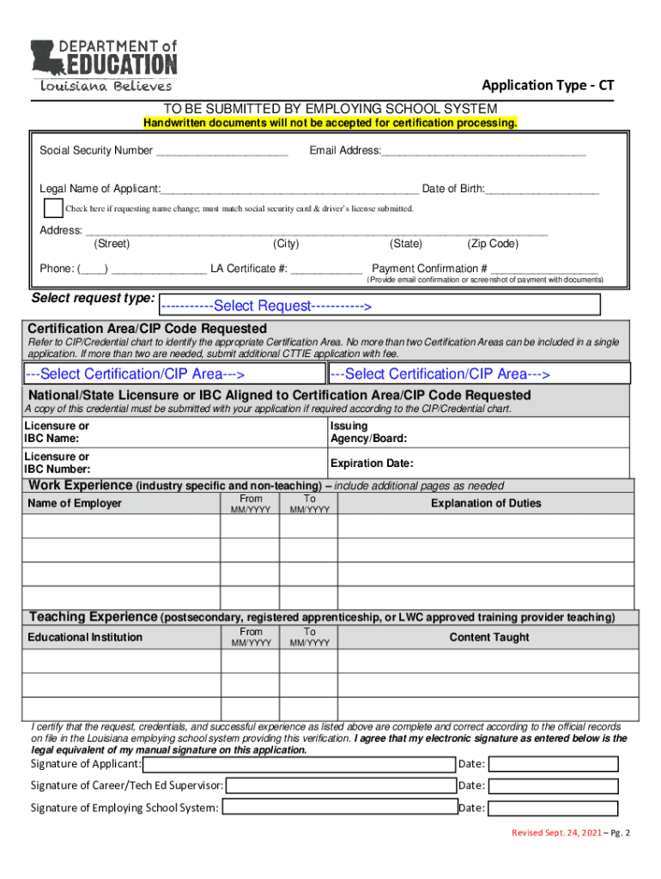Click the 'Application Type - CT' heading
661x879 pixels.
click(x=548, y=84)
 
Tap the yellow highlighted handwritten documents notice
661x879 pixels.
click(x=330, y=123)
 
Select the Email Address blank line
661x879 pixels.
click(x=484, y=153)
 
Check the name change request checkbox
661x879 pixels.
click(x=54, y=209)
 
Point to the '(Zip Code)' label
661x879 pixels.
click(x=493, y=244)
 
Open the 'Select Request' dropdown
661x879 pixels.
click(x=380, y=306)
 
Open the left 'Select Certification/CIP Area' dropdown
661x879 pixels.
click(x=173, y=374)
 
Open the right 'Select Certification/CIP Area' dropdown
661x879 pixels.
click(x=478, y=374)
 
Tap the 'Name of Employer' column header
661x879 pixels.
click(x=75, y=503)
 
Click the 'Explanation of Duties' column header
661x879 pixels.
click(x=486, y=504)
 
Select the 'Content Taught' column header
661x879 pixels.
click(x=489, y=637)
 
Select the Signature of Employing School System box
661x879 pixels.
click(x=338, y=808)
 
